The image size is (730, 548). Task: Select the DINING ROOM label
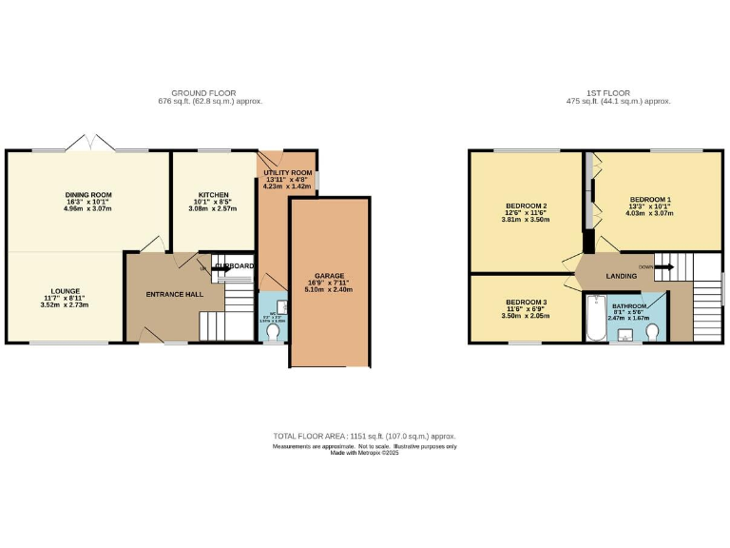(x=88, y=195)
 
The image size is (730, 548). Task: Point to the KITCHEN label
(x=214, y=194)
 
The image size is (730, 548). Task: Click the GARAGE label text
(x=330, y=276)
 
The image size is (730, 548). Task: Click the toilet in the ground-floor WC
(x=274, y=333)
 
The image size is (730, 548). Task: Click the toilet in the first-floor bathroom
(x=652, y=330)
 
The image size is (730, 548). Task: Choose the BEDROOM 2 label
(x=526, y=206)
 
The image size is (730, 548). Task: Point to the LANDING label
(x=621, y=275)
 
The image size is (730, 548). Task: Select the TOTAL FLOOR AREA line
(x=364, y=436)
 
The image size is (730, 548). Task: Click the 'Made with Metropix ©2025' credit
(x=364, y=453)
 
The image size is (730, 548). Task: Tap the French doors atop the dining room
(x=91, y=144)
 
